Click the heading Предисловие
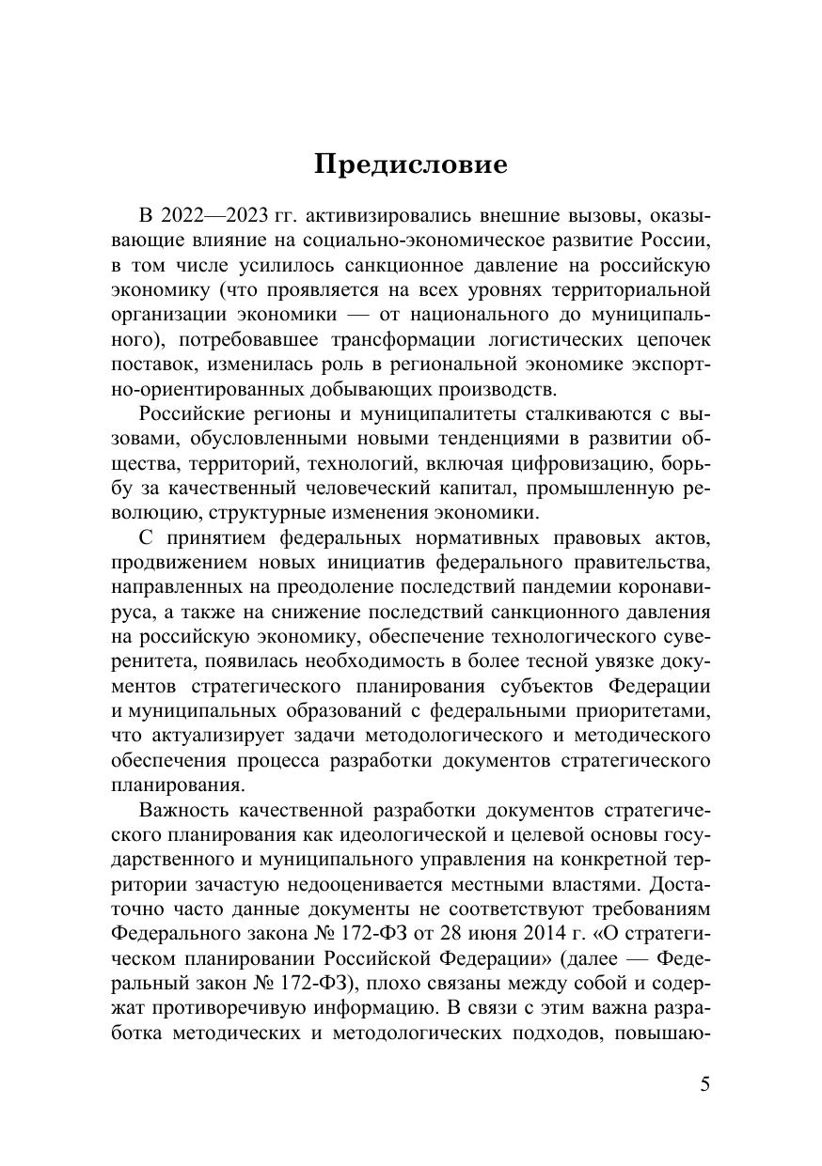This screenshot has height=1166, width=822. click(411, 164)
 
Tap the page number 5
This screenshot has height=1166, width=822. click(705, 1084)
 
